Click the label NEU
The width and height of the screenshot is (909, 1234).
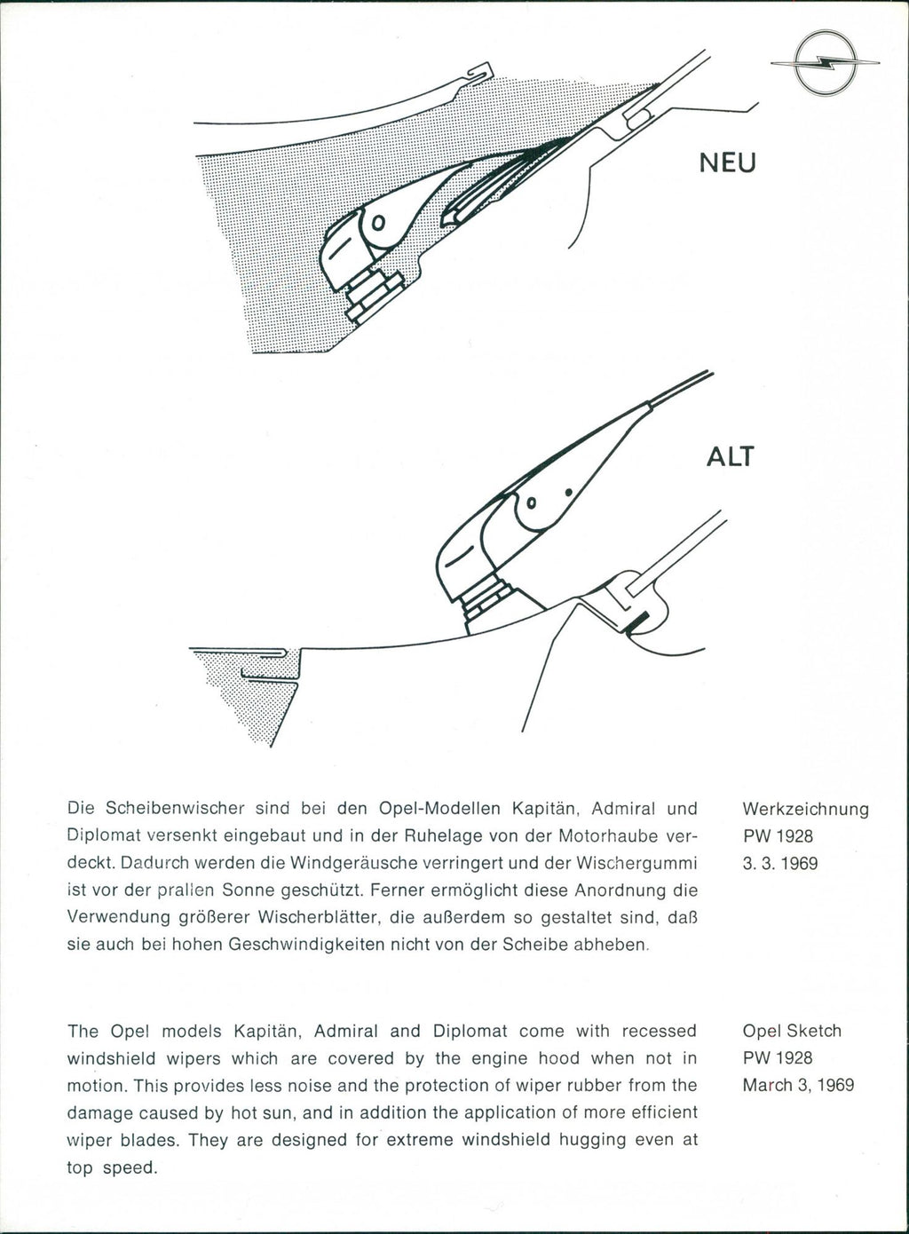coord(727,163)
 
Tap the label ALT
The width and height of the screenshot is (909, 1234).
coord(730,456)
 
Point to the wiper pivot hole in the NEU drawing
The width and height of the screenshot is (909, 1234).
coord(377,222)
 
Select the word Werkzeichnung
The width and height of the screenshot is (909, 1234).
coord(804,810)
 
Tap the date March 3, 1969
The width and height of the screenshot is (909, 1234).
coord(798,1085)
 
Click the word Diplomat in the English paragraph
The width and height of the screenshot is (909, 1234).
coord(470,1032)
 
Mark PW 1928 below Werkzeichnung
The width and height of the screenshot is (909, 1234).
coord(778,836)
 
